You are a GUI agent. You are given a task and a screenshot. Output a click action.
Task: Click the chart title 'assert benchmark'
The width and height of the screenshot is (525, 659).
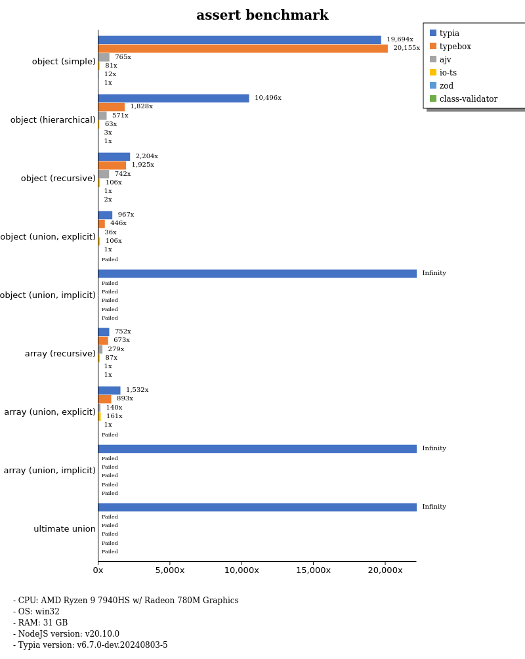coord(262,16)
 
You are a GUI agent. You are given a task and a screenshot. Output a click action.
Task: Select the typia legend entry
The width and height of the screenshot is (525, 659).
coord(449,33)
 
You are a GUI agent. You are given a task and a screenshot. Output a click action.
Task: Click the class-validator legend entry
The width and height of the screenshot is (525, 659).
coord(468,99)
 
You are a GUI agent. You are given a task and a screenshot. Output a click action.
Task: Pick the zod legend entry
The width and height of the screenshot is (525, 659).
coord(446,86)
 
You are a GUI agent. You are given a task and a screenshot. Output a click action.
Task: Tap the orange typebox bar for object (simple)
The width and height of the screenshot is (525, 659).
coord(243,48)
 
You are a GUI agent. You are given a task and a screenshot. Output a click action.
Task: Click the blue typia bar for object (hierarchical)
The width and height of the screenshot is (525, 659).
coord(173,98)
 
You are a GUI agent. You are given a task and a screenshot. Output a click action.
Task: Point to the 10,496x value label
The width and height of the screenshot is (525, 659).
coord(268,98)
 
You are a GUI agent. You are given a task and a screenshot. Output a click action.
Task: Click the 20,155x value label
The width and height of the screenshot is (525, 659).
coord(406,48)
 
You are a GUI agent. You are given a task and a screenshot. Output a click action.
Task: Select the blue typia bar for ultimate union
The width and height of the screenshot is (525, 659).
coord(257,507)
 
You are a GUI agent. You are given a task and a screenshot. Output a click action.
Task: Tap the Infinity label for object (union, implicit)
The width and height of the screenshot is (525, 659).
coord(434,273)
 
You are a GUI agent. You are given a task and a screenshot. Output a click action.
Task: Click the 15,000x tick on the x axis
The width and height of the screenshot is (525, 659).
coord(313,570)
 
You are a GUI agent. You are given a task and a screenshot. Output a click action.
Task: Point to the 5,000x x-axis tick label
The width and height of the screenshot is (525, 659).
coord(170,570)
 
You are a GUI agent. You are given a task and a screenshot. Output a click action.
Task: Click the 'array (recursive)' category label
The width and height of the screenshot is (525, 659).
coord(60,354)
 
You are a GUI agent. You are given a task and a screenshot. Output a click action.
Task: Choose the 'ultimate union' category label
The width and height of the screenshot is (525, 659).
coord(64,529)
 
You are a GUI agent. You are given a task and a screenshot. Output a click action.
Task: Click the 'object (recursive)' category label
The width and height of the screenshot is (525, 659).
coord(58,179)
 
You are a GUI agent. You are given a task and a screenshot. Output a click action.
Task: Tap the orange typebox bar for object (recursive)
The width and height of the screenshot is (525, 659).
coord(112,165)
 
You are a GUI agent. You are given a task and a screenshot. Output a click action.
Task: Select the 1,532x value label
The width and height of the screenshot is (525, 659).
coord(137,390)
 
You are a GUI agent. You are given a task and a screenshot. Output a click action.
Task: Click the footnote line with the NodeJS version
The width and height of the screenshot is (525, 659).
coord(66,634)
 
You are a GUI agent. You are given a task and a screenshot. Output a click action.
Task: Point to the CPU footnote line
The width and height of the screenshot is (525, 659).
coord(125,601)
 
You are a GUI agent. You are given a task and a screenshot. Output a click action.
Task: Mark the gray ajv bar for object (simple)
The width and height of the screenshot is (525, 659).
coord(104,57)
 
